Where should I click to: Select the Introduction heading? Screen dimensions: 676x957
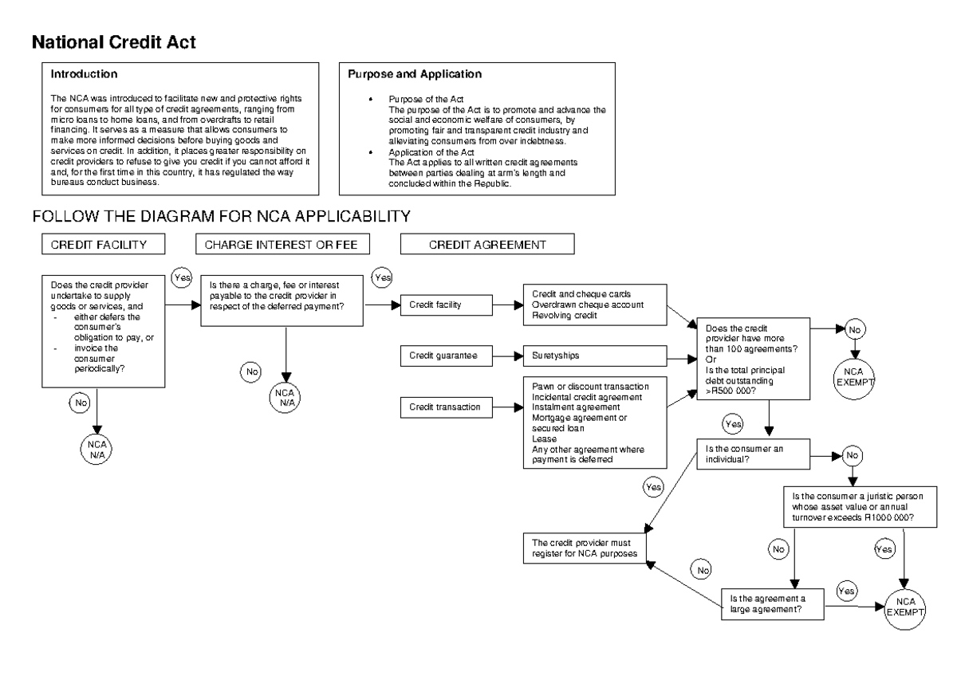pos(85,74)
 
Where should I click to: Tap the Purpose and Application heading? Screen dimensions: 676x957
pos(415,74)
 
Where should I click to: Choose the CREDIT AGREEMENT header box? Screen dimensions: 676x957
pos(486,246)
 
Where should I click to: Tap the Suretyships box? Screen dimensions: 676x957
pos(594,356)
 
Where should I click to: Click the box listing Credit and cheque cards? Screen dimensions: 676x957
pos(594,304)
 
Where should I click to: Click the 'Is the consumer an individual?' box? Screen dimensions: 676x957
pos(753,454)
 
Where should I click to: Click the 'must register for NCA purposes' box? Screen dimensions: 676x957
pos(585,547)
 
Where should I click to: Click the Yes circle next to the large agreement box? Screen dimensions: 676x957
pos(846,591)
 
